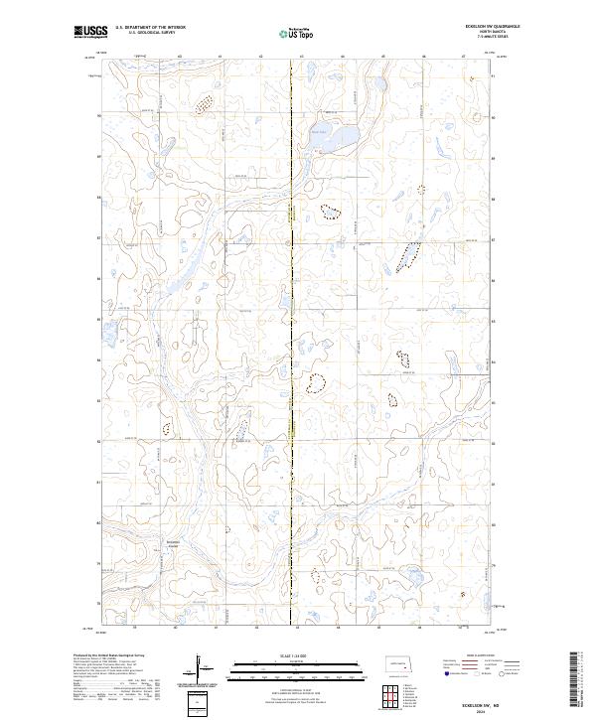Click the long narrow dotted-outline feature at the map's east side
tap(405, 256)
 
